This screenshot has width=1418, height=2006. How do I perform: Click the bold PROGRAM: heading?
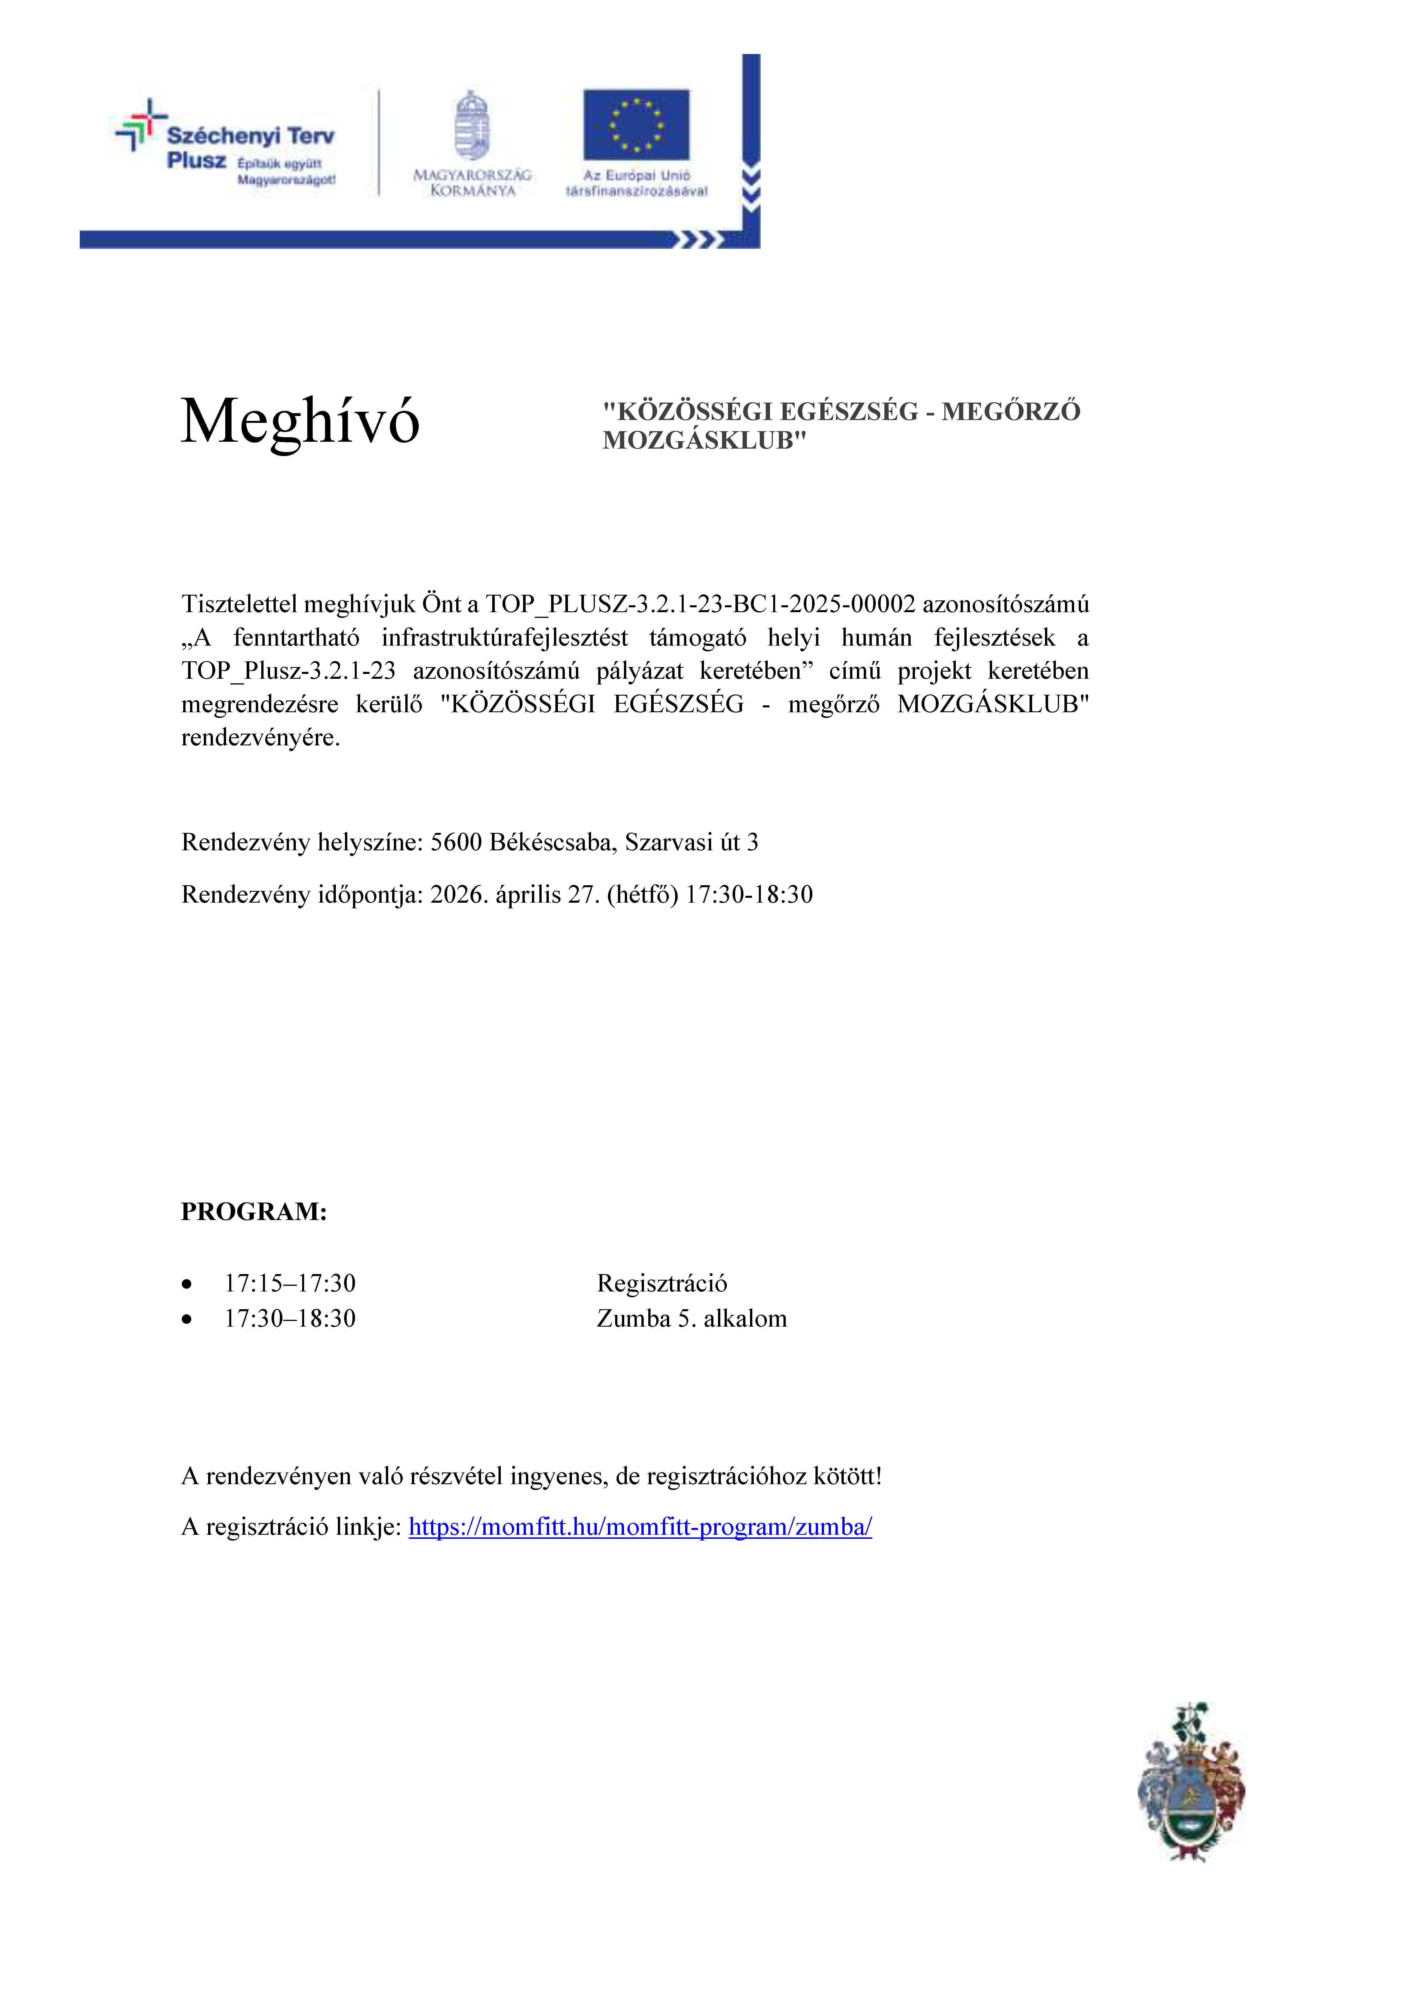[253, 1212]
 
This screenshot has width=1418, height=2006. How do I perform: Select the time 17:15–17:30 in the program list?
[290, 1283]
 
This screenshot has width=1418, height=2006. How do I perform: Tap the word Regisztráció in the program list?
[661, 1283]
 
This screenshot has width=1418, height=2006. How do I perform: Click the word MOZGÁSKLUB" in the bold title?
[704, 440]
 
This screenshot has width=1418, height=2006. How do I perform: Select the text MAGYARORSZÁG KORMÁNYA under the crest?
[472, 183]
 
